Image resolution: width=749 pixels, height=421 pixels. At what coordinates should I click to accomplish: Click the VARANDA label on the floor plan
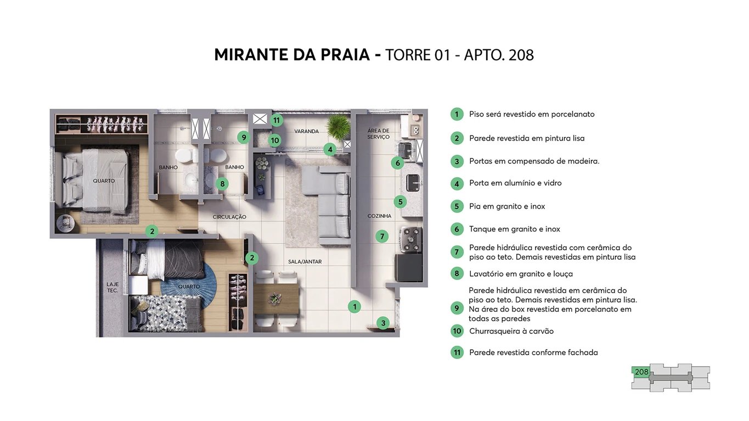click(x=306, y=132)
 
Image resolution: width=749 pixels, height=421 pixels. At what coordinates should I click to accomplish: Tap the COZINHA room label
click(x=379, y=216)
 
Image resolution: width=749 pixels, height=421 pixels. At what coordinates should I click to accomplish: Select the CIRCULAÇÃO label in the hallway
click(x=229, y=217)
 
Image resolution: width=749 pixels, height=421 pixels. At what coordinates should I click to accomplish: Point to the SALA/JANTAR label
click(x=305, y=262)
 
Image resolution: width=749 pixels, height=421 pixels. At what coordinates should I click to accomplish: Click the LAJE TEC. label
click(x=112, y=287)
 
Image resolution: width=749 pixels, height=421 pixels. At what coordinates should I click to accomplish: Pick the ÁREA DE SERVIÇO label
click(x=379, y=134)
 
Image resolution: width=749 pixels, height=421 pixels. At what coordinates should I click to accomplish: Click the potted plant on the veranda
click(x=337, y=127)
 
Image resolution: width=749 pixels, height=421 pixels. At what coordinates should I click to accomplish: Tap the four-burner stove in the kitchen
click(x=409, y=239)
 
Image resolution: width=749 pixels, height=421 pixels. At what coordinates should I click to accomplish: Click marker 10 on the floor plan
click(x=274, y=141)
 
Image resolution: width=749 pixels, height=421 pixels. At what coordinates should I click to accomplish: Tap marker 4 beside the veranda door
click(x=329, y=149)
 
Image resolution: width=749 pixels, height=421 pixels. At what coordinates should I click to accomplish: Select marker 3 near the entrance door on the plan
click(x=383, y=323)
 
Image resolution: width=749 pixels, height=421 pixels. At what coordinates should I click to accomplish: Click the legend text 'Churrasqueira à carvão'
click(x=511, y=331)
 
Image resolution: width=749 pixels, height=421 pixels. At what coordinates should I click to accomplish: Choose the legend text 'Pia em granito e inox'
click(x=507, y=206)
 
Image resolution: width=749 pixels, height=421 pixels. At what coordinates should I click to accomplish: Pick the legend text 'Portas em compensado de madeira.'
click(x=534, y=161)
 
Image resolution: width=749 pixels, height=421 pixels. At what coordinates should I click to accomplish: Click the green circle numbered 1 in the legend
click(x=457, y=114)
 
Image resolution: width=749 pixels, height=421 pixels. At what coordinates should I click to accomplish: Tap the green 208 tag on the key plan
click(x=641, y=372)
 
